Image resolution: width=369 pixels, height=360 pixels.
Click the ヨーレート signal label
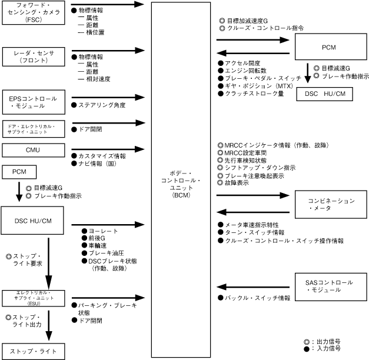[x=94, y=231]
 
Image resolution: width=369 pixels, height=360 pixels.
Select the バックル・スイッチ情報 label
[x=257, y=298]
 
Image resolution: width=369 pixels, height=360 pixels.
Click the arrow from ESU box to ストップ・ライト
[x=48, y=323]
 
